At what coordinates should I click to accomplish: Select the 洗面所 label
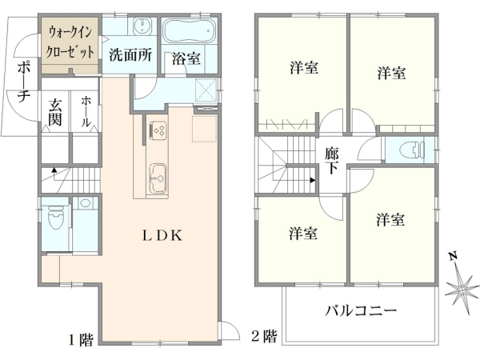130,57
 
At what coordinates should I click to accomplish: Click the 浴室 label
186,59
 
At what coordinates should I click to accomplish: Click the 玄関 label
55,111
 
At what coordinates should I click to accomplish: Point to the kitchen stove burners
157,130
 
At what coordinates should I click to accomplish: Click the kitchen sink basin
157,172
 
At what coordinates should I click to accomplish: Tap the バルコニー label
360,311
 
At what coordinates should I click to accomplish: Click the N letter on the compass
452,257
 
